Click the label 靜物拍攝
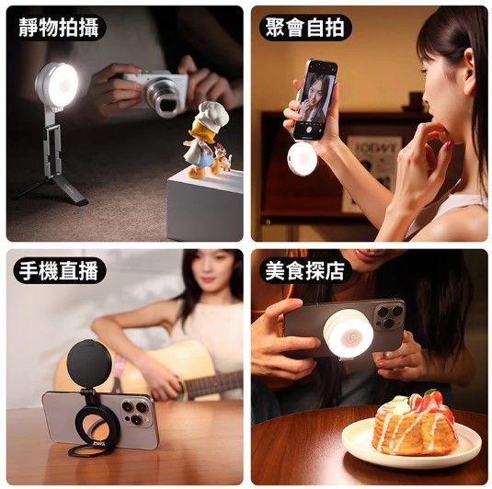pos(59,28)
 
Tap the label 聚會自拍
pos(305,28)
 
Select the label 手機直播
pos(59,271)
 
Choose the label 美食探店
pos(305,271)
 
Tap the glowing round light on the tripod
pos(63,85)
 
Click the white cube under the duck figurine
pos(205,204)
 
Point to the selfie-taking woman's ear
pos(469,68)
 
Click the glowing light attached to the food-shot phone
pos(349,335)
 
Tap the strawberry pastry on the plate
pos(413,423)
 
